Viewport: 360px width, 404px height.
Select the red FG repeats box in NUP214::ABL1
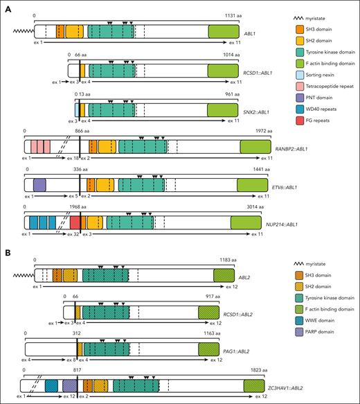pyautogui.click(x=75, y=222)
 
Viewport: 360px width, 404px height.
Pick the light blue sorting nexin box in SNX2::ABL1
pyautogui.click(x=77, y=109)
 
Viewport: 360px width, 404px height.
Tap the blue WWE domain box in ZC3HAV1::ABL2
pyautogui.click(x=51, y=385)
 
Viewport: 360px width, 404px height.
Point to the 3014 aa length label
pyautogui.click(x=240, y=206)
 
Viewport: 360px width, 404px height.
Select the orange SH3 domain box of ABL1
pyautogui.click(x=60, y=31)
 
